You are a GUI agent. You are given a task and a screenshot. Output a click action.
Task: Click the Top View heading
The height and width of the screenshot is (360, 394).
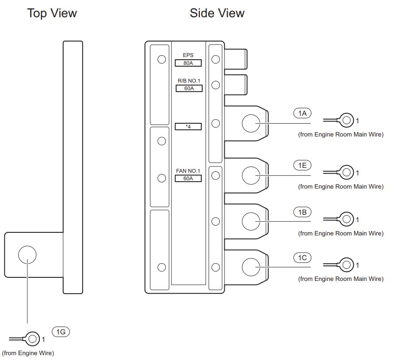(x=52, y=13)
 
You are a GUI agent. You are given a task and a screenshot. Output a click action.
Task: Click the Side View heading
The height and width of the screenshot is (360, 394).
(x=217, y=13)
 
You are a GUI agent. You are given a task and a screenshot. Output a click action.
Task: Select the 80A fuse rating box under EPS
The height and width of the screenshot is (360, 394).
(x=188, y=63)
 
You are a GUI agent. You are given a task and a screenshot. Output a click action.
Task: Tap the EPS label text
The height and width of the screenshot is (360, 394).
(x=188, y=55)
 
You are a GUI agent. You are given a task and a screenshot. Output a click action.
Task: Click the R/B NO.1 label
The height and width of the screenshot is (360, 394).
(x=189, y=81)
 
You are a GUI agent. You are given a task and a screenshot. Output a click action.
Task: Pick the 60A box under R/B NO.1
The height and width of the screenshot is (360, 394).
(x=189, y=88)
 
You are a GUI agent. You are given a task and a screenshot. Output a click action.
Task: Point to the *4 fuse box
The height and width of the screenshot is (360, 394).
(x=188, y=126)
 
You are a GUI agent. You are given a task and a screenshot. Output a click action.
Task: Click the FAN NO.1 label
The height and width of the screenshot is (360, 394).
(x=188, y=171)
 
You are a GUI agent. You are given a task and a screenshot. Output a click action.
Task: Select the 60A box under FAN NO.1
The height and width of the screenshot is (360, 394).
(x=188, y=178)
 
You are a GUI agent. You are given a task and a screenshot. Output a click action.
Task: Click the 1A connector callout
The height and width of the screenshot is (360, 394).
(x=302, y=113)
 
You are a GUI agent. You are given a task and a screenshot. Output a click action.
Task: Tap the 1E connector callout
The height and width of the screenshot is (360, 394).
(x=302, y=165)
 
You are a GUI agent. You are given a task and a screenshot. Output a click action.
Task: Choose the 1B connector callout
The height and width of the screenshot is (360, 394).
(x=302, y=212)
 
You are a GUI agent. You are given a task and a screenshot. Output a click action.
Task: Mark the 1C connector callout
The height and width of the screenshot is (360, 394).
(x=302, y=258)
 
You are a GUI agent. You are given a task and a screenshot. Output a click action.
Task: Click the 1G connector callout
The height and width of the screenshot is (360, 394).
(x=61, y=332)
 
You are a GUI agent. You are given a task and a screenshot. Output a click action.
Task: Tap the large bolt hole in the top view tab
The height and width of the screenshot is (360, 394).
(x=27, y=255)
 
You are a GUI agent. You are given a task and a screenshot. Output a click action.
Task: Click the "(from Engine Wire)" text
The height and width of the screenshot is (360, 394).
(x=28, y=353)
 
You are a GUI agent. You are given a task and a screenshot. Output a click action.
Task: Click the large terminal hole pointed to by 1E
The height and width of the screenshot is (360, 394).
(x=251, y=175)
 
